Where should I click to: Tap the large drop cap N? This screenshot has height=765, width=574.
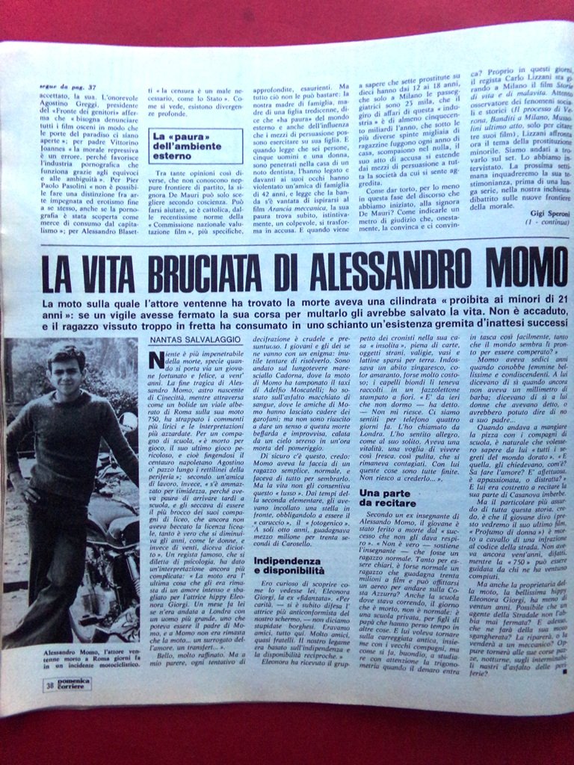(x=156, y=360)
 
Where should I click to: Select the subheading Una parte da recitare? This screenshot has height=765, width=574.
(x=389, y=498)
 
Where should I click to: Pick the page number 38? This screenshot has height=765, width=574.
(x=48, y=684)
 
